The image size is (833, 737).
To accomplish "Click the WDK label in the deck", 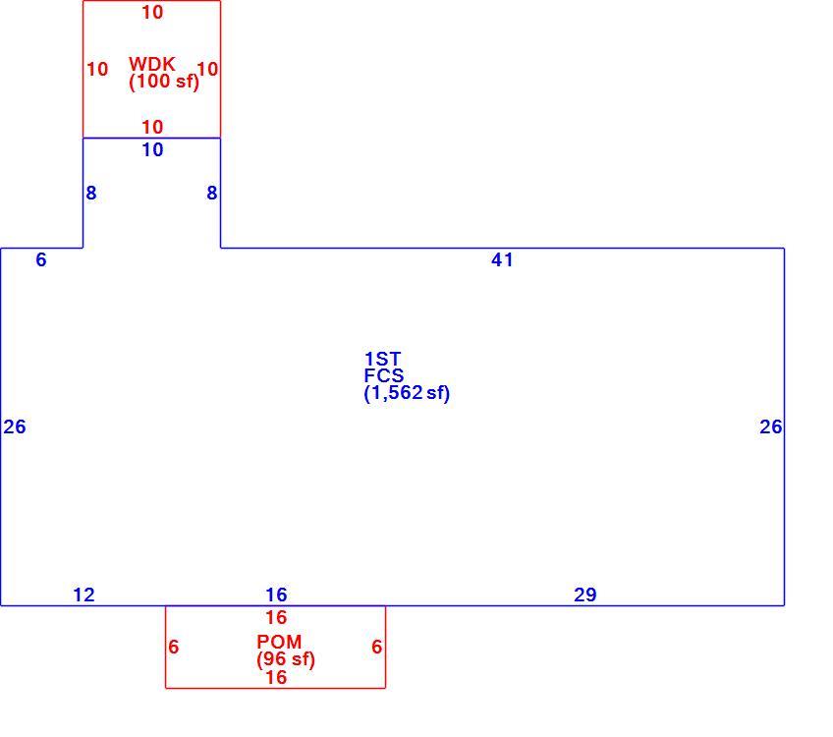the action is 151,64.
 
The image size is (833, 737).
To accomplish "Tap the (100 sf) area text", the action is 164,82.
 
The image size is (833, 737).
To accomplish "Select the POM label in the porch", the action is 279,642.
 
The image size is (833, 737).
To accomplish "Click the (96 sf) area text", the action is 286,659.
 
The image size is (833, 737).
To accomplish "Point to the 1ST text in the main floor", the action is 382,359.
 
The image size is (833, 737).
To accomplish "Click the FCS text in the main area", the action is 383,375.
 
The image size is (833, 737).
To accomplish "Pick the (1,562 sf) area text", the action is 407,393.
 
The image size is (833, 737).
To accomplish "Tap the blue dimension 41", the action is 502,259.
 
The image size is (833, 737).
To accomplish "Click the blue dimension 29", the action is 584,595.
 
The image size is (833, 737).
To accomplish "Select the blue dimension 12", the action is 83,595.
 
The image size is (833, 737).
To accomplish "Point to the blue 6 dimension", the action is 41,259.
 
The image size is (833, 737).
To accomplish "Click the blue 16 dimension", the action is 276,595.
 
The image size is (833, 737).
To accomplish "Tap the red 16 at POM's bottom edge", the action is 276,677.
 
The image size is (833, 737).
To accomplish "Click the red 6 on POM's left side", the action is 173,647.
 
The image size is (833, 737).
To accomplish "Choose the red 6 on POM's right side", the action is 376,647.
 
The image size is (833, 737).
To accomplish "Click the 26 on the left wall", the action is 15,426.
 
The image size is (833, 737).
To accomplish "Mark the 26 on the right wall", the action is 771,426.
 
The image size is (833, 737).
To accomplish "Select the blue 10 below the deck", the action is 152,149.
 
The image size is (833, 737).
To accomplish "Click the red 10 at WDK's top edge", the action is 152,12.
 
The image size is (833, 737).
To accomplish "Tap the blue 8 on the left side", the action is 91,193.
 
